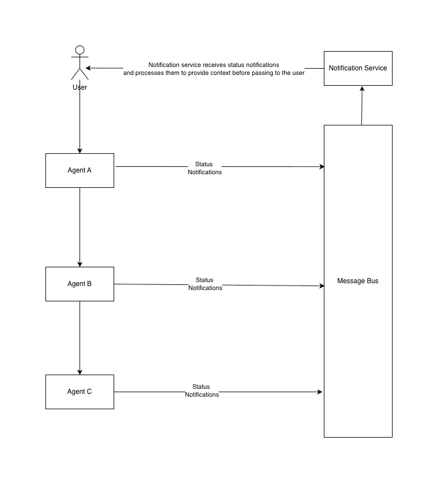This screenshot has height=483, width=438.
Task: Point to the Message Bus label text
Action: [x=358, y=281]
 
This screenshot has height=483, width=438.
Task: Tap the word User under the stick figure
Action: [x=80, y=87]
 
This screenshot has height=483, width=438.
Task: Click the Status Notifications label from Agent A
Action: [x=205, y=168]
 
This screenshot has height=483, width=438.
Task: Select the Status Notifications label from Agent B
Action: [x=205, y=284]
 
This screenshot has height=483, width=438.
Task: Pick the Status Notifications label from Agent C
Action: [x=202, y=390]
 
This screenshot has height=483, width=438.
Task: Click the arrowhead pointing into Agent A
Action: [x=80, y=151]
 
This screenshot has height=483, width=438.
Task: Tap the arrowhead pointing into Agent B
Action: [x=80, y=264]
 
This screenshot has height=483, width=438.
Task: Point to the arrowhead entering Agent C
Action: [x=80, y=372]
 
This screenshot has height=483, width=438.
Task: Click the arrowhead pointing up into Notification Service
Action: [x=362, y=89]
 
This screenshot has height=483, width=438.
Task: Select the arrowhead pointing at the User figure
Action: [x=88, y=68]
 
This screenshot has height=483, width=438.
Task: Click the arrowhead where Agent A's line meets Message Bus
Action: [x=322, y=167]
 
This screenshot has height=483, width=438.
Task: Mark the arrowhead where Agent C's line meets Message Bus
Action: [x=320, y=392]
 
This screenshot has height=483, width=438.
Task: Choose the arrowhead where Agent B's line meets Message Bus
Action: [x=322, y=286]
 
